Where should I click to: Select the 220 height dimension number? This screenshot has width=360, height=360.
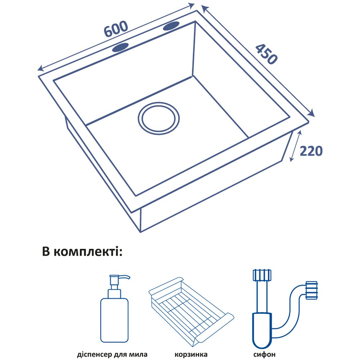coord(311,151)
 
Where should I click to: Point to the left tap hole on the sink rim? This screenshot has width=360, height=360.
coord(120,48)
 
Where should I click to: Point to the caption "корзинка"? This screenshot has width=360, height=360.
coord(191,354)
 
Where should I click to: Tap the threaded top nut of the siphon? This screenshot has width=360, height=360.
coord(262,275)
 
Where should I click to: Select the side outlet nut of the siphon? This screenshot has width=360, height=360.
coord(311,290)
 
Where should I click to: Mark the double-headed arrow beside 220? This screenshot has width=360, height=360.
coord(295,146)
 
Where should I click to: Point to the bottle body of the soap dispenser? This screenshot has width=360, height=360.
coord(114,320)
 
